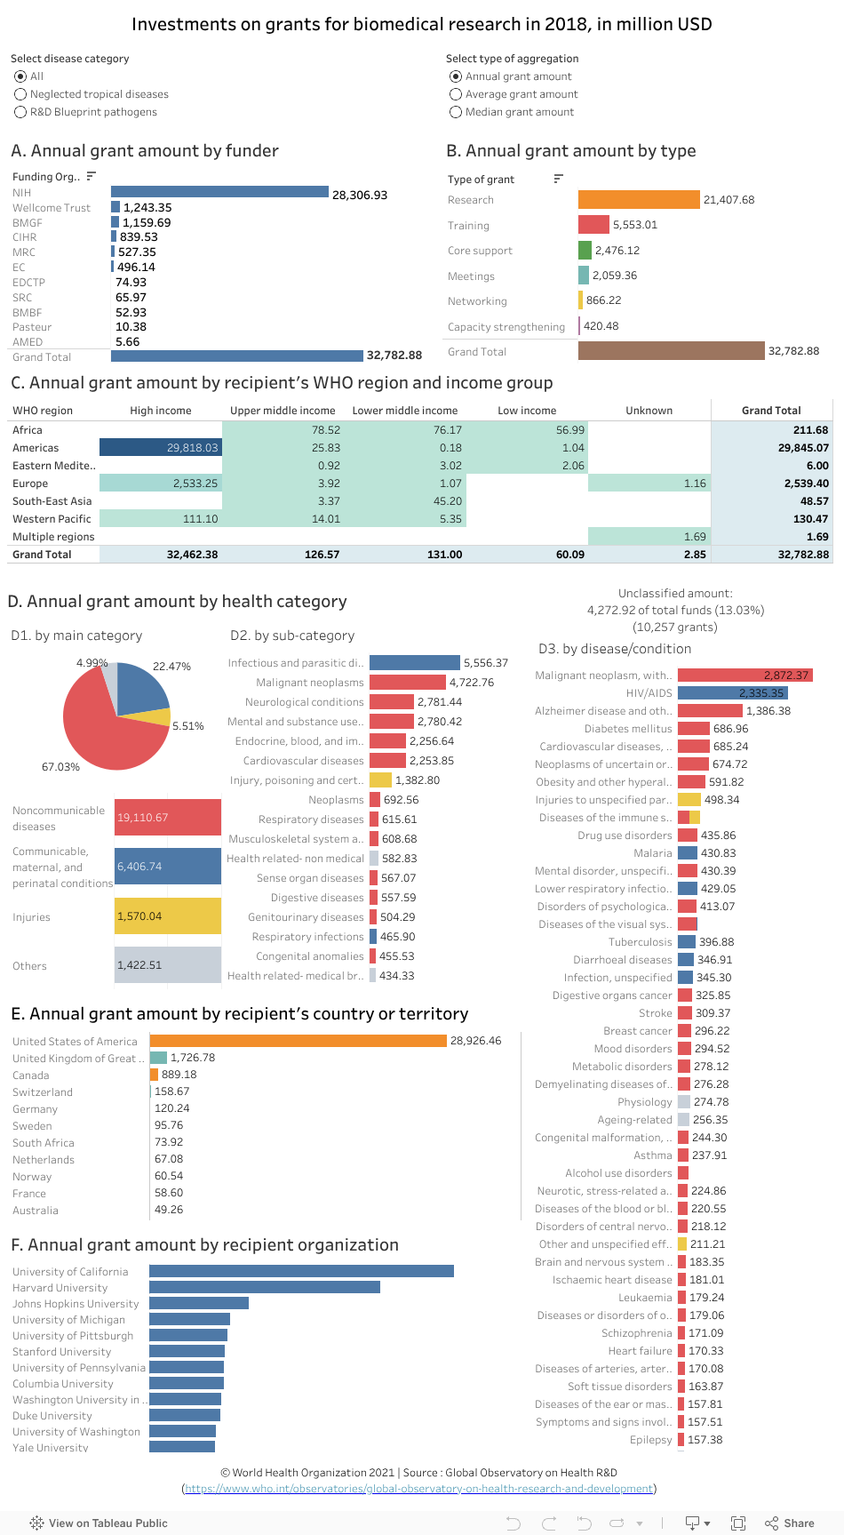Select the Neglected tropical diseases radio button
[x=20, y=94]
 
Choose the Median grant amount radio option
[x=456, y=112]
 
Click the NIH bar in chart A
[x=219, y=192]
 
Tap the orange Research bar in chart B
[x=639, y=200]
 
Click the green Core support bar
[x=585, y=251]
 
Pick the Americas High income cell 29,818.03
[x=161, y=448]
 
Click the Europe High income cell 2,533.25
[x=161, y=484]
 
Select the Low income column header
[x=527, y=411]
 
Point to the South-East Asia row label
[x=52, y=501]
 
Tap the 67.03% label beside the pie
[x=60, y=767]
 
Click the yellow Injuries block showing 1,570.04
[x=168, y=916]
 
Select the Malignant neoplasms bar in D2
[x=407, y=683]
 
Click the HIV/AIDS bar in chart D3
[x=732, y=693]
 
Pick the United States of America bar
[x=298, y=1041]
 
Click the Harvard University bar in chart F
[x=264, y=1287]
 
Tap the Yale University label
[x=51, y=1448]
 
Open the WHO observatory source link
[x=418, y=1489]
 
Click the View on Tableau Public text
[x=107, y=1523]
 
